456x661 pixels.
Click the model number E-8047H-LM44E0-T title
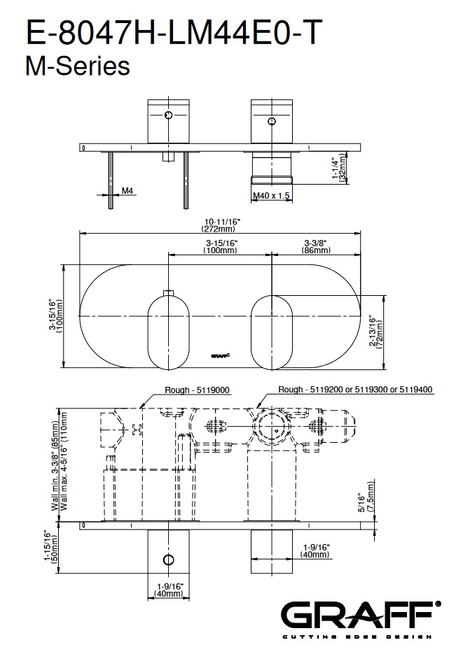click(x=174, y=32)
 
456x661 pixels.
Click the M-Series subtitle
click(x=78, y=66)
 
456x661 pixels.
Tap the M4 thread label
click(x=127, y=191)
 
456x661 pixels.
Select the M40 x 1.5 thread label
click(x=272, y=196)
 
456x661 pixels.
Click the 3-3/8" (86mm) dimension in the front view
click(x=316, y=247)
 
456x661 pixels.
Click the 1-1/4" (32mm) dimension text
click(x=339, y=168)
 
